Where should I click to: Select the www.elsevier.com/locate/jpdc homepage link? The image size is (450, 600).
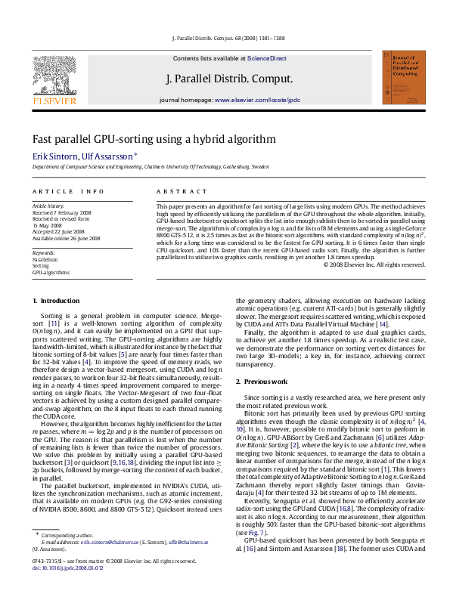[x=257, y=100]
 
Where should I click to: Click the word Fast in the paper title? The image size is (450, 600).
[x=41, y=139]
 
